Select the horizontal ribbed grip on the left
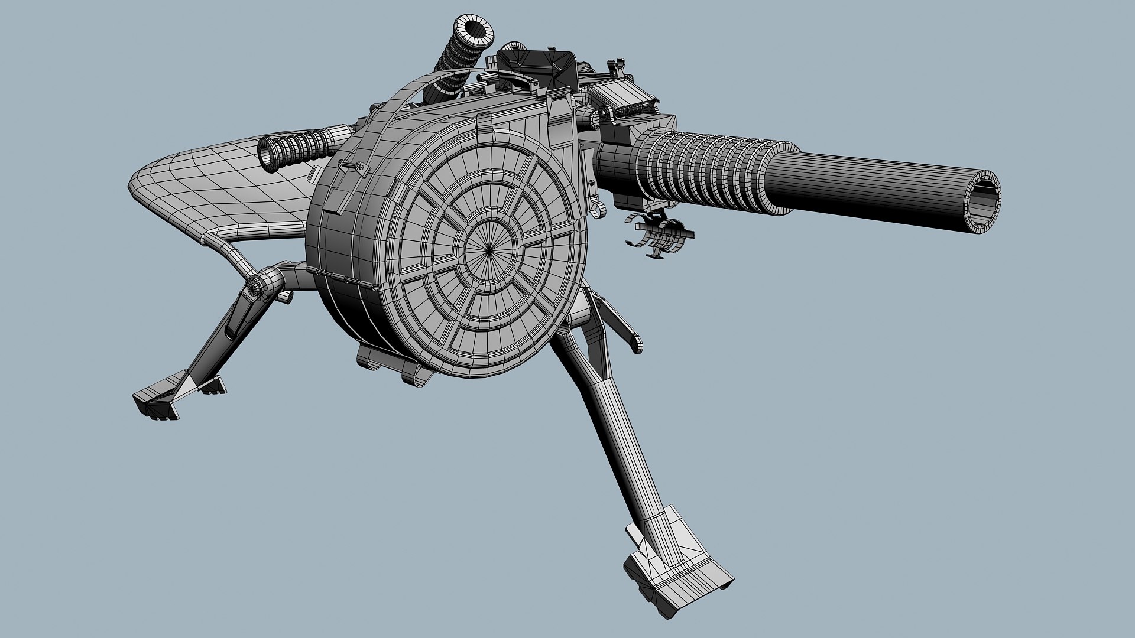click(x=296, y=148)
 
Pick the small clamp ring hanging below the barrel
click(x=659, y=233)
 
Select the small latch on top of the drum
click(x=485, y=121)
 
